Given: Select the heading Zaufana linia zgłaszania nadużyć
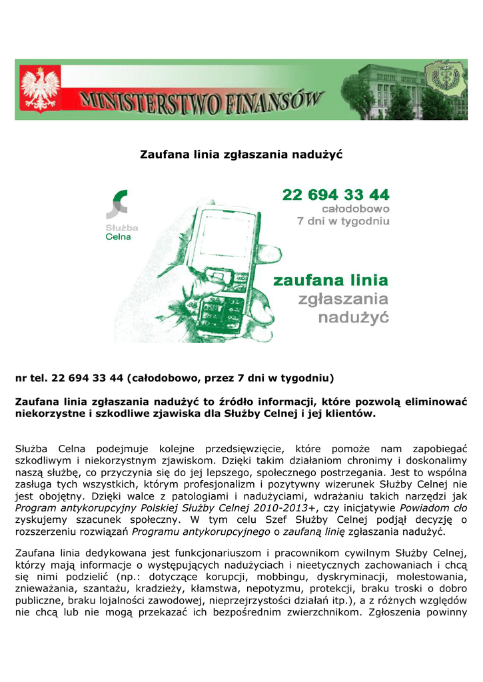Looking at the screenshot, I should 241,155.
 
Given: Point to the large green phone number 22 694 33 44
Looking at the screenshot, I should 336,194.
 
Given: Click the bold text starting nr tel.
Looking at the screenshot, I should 175,378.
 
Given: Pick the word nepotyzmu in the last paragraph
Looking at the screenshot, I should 275,589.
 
